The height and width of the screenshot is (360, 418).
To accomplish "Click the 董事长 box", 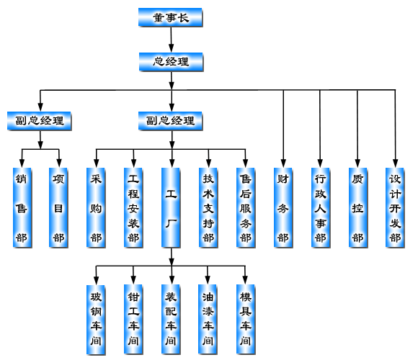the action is tap(170, 17).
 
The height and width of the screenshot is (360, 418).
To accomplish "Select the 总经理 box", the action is tap(171, 62).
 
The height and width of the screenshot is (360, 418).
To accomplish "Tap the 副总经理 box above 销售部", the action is tap(39, 121).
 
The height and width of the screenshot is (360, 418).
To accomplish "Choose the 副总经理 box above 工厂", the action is tap(170, 121).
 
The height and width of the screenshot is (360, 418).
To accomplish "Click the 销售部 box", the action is tap(22, 207).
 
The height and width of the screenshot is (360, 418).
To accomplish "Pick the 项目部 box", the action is tap(58, 207).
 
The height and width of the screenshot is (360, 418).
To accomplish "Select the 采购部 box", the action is tap(96, 207).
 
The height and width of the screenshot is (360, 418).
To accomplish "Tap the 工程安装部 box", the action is tap(133, 207).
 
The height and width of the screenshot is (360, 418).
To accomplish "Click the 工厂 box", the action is tap(171, 207).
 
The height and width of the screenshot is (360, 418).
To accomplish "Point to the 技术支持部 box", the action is tap(208, 207).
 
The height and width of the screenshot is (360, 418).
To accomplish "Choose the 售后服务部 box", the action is tap(246, 207).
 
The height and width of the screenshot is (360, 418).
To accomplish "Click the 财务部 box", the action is tap(283, 207).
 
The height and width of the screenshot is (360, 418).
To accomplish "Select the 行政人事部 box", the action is tap(321, 207).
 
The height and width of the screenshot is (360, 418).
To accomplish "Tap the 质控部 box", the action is tap(358, 207).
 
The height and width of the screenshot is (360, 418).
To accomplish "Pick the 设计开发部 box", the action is tap(395, 207).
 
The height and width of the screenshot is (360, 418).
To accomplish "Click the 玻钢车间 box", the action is tap(96, 320).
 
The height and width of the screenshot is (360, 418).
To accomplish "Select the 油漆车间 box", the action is tap(208, 320).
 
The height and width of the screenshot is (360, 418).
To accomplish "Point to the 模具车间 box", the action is tap(246, 320).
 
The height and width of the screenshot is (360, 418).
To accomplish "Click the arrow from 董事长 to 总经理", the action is tap(171, 40).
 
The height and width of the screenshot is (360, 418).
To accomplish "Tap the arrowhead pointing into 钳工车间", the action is tap(133, 280).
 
